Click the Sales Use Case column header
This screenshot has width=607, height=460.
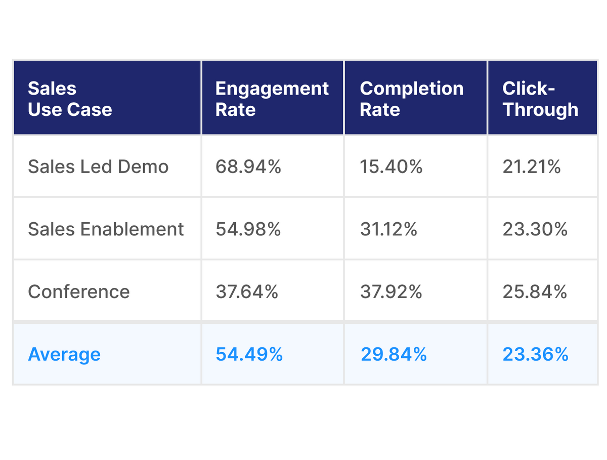coord(70,99)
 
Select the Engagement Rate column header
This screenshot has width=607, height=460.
coord(272,99)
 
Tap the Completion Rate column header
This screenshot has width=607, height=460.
coord(411,99)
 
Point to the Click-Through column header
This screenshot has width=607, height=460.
coord(540,99)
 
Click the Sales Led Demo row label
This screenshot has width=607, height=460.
coord(98,166)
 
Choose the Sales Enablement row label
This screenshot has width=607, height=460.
coord(106,229)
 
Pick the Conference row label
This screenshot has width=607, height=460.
coord(79,291)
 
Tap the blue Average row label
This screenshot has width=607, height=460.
coord(64,354)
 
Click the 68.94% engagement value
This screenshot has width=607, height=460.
coord(248,166)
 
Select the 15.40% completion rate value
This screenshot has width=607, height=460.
coord(391,166)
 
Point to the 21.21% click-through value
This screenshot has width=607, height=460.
coord(532,166)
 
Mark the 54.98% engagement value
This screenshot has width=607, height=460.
coord(248,229)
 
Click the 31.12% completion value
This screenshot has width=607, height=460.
coord(388,229)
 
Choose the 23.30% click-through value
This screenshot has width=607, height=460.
coord(535,229)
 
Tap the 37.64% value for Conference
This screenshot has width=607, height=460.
coord(247,291)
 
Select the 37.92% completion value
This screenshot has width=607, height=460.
coord(391,291)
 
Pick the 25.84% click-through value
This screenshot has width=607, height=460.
coord(535,291)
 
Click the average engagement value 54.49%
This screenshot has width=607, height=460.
coord(249,354)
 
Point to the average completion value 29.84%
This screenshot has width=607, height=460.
coord(394,354)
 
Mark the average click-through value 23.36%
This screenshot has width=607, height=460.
coord(535,354)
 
